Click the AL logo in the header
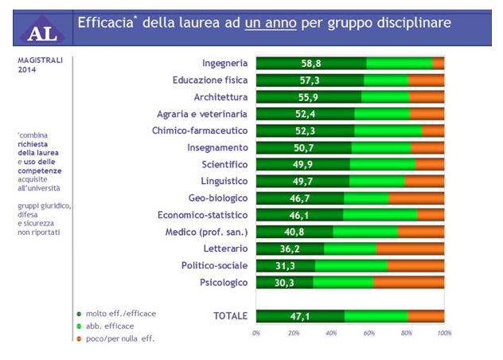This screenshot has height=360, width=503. pyautogui.click(x=39, y=29)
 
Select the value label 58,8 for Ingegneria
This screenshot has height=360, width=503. pyautogui.click(x=310, y=63)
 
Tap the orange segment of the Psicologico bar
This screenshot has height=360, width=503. pyautogui.click(x=408, y=282)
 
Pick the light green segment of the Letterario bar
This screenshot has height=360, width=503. pyautogui.click(x=349, y=248)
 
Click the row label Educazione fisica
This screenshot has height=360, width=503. pyautogui.click(x=210, y=80)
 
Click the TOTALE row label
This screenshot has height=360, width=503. pyautogui.click(x=231, y=316)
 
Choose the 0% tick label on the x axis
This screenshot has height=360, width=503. pyautogui.click(x=256, y=332)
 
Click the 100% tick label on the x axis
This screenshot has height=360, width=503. pyautogui.click(x=444, y=332)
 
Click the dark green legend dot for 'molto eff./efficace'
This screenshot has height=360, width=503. pyautogui.click(x=79, y=314)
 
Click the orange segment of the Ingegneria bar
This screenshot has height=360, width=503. pyautogui.click(x=438, y=63)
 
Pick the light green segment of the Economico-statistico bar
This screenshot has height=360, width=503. pyautogui.click(x=380, y=215)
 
